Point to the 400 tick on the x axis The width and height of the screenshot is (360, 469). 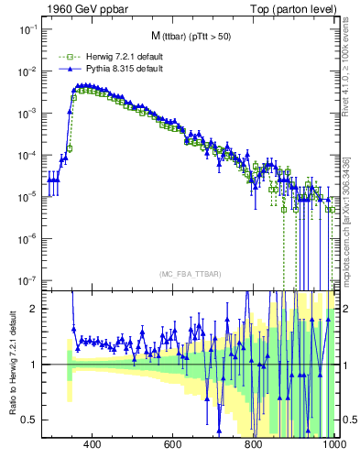point(92,444)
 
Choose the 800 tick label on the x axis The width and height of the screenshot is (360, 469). point(254,444)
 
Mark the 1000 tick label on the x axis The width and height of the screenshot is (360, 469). point(333,444)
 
